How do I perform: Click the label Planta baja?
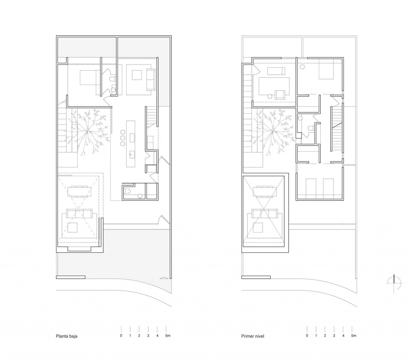pos(67,336)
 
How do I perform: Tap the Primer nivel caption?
pos(252,336)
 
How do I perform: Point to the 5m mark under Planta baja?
pos(167,335)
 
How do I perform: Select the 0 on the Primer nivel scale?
pos(307,335)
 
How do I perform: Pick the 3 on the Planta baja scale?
pos(148,335)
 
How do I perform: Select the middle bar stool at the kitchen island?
pos(123,138)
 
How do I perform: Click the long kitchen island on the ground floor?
pos(131,144)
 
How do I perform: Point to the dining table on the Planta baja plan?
pos(79,192)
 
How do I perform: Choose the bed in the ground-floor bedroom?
pos(90,77)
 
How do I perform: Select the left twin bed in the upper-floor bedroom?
pos(311,187)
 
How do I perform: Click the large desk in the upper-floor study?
pos(274,86)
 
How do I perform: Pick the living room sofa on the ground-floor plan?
pos(79,213)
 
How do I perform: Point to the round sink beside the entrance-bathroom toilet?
pos(140,196)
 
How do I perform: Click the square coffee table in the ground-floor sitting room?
pos(73,227)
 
